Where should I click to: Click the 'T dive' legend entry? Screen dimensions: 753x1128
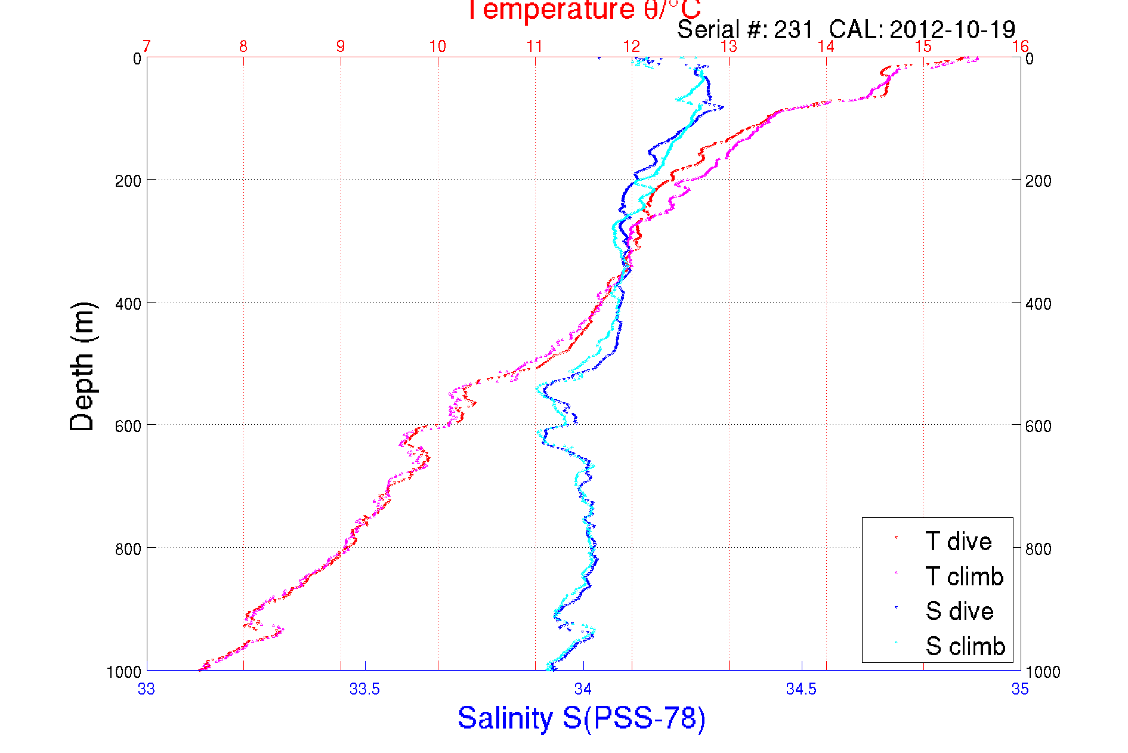958,541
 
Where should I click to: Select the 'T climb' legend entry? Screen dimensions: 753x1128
964,576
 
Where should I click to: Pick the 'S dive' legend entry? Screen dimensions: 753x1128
959,611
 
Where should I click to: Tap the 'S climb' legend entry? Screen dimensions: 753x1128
965,646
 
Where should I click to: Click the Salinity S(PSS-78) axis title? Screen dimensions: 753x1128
582,718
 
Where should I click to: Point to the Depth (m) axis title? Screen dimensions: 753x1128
82,367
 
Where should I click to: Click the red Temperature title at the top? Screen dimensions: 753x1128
583,10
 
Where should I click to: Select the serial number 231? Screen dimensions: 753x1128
793,30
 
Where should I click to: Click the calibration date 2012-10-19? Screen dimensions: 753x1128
952,30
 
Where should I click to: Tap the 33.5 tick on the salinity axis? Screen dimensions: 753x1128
364,689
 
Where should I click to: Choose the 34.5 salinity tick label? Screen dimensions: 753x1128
801,689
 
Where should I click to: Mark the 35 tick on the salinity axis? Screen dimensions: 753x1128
1020,689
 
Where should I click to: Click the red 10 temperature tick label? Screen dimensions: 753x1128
438,47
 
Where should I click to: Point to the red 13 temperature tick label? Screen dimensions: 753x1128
729,47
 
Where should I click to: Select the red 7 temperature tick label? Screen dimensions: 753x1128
147,47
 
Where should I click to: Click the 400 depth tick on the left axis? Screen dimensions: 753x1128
128,304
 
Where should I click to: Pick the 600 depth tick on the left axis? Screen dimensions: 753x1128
128,426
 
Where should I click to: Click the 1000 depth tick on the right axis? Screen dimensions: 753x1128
1043,672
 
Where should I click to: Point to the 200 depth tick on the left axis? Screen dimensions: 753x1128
128,181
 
